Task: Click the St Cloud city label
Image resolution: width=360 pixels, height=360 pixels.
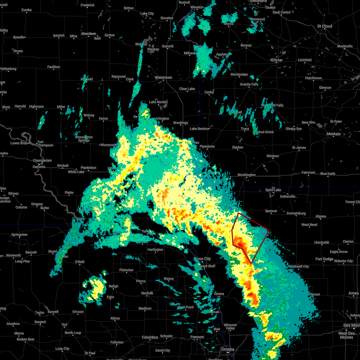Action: [325, 26]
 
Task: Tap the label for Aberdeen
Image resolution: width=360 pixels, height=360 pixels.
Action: [88, 34]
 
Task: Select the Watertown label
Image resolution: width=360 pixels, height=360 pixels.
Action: [163, 77]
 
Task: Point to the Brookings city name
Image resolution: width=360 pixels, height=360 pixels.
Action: [181, 123]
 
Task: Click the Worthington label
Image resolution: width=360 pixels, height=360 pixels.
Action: [247, 175]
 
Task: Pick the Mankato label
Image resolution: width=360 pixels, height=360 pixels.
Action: [334, 134]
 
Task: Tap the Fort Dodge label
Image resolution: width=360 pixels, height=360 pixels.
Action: [324, 259]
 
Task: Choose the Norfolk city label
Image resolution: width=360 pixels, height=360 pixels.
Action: [147, 293]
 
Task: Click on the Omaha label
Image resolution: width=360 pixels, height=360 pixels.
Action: [228, 349]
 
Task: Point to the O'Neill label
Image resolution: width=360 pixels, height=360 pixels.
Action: [79, 262]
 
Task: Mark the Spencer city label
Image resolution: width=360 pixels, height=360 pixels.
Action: [271, 211]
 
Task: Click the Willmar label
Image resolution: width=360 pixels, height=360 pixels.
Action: [276, 60]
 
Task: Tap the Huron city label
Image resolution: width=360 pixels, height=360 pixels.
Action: [103, 118]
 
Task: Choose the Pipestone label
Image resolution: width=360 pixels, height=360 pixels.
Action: [207, 146]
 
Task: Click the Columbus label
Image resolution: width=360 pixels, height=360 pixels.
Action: [150, 337]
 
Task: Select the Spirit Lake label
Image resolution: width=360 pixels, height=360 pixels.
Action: [273, 190]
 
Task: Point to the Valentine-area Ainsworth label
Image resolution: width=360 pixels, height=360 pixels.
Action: [13, 255]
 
